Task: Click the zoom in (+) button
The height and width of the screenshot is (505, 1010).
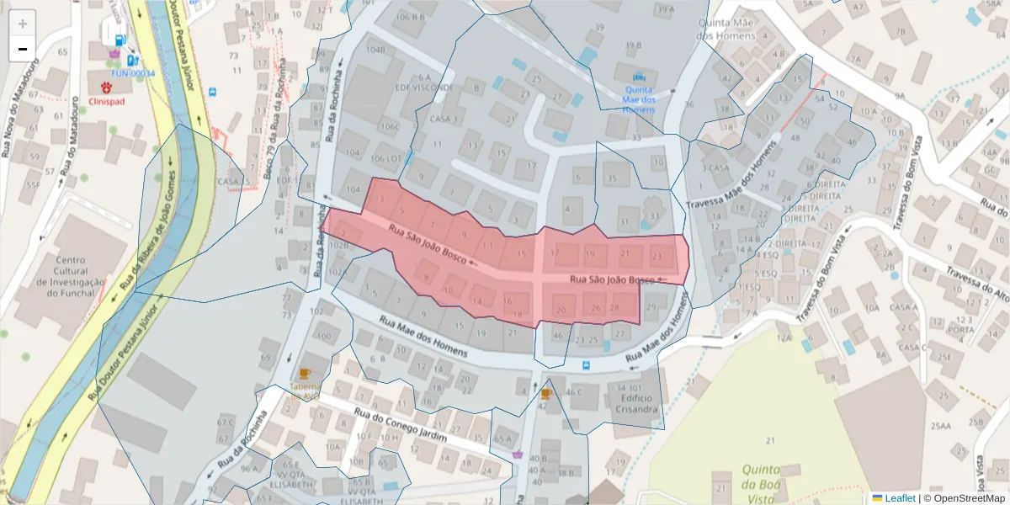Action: [x=23, y=24]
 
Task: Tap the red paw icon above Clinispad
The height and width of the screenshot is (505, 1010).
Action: [x=107, y=87]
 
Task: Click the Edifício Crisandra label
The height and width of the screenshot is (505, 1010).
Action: [x=636, y=403]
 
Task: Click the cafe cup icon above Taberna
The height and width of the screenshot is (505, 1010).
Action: [x=305, y=373]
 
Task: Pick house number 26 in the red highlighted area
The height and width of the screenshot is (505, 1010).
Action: [x=596, y=308]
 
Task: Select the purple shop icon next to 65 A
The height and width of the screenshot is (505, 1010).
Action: [x=517, y=454]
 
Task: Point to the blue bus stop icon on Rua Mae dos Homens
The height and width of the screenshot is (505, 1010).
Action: [x=586, y=366]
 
